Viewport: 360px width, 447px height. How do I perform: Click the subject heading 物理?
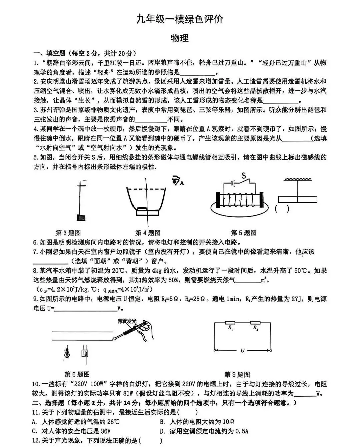(180, 38)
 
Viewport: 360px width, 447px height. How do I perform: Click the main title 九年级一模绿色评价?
(180, 20)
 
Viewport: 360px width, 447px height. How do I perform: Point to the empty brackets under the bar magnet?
(282, 209)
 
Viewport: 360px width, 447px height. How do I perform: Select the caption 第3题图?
(68, 233)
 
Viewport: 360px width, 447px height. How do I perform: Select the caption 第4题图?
(148, 233)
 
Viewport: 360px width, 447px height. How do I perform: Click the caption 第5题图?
(244, 233)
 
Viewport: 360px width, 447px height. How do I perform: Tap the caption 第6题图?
(77, 374)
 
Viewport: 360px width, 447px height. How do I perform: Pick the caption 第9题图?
(237, 374)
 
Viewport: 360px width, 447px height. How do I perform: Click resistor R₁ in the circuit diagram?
(230, 323)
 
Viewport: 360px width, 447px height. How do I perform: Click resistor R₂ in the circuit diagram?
(255, 323)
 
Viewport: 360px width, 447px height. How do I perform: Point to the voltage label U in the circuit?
(242, 351)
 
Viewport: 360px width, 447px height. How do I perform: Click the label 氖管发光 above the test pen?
(127, 321)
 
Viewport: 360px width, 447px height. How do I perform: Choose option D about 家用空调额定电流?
(204, 431)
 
